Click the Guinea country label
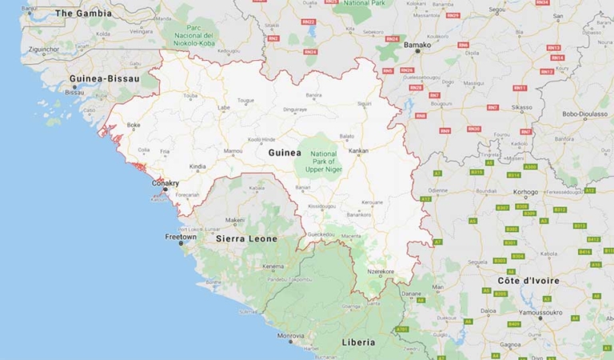pyautogui.click(x=285, y=152)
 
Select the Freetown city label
pyautogui.click(x=180, y=237)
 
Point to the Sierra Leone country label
pyautogui.click(x=247, y=238)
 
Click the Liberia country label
pyautogui.click(x=357, y=342)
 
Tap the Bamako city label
pyautogui.click(x=417, y=45)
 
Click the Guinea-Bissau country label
pyautogui.click(x=105, y=78)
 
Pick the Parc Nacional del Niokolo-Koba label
pyautogui.click(x=196, y=41)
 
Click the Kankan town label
pyautogui.click(x=358, y=150)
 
